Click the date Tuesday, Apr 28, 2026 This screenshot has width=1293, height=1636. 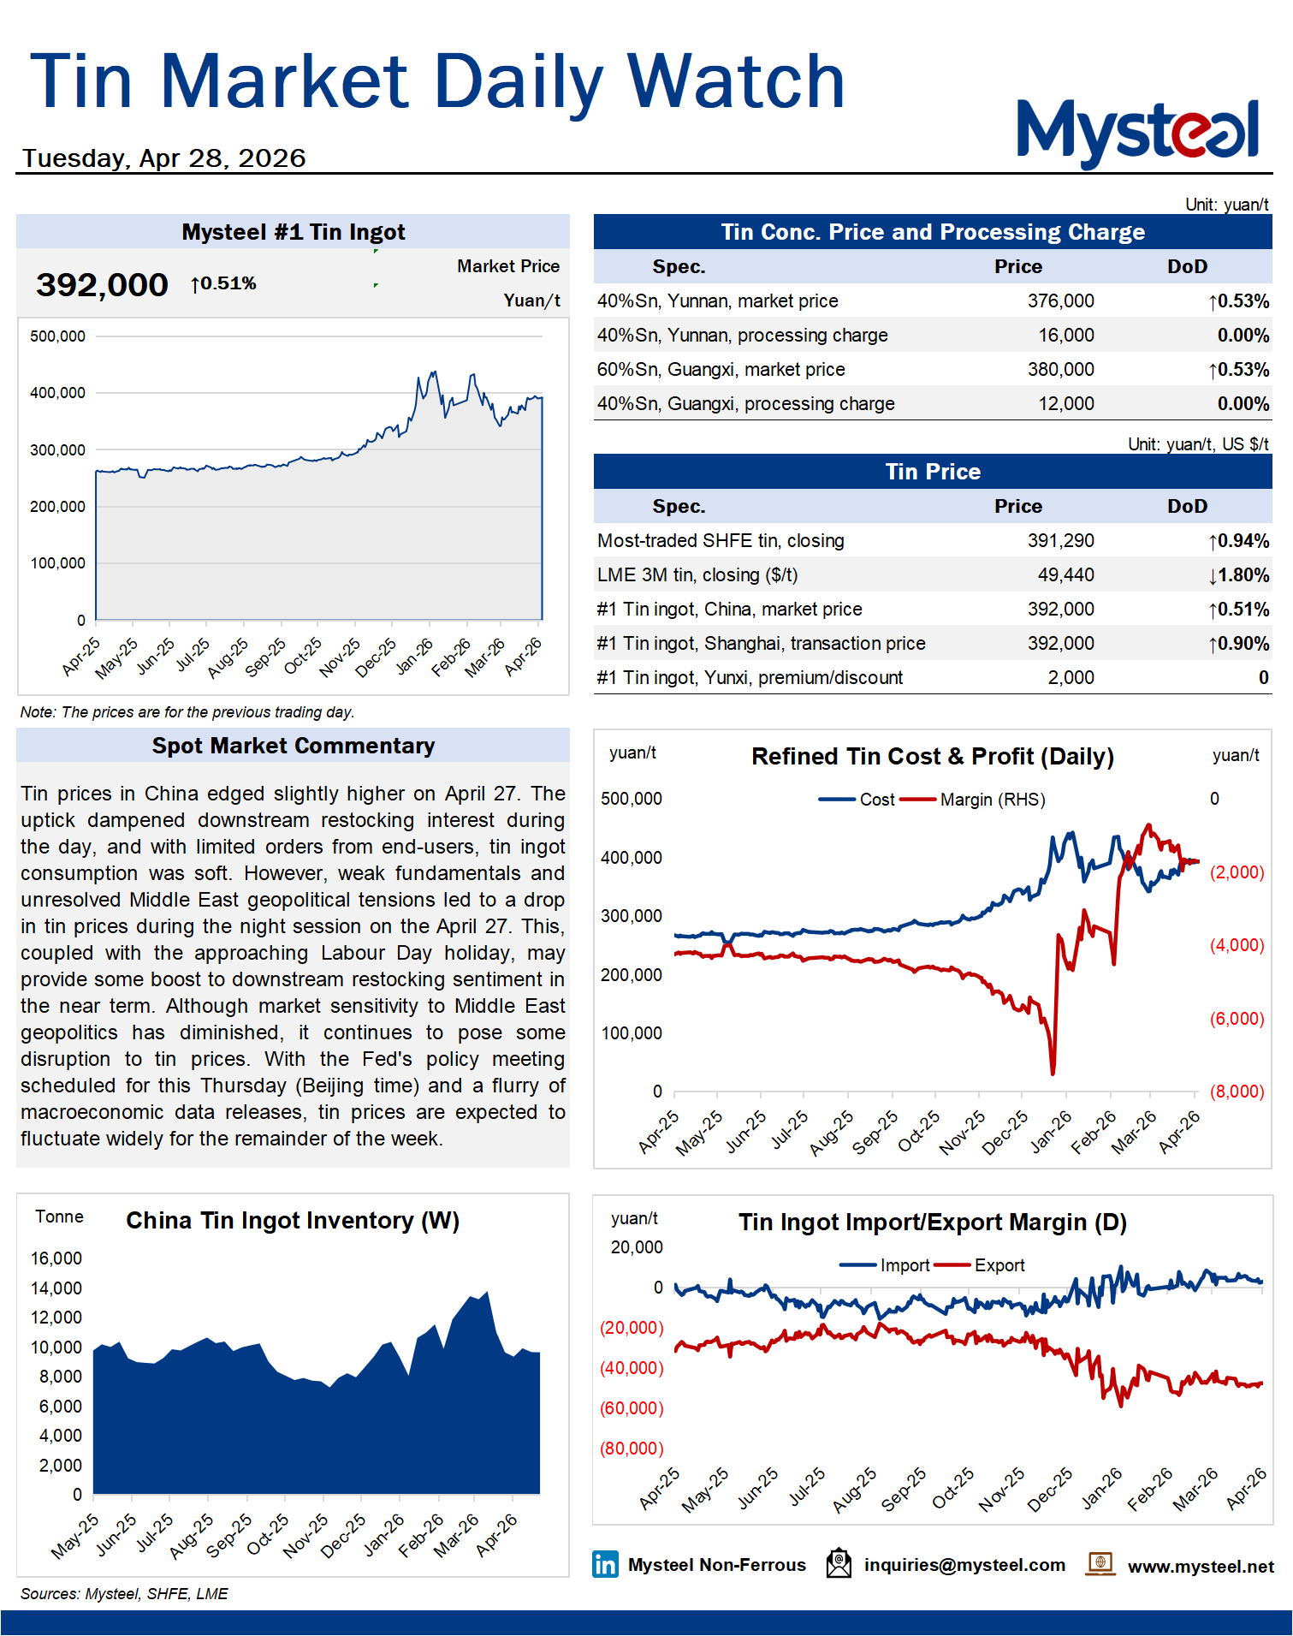point(163,158)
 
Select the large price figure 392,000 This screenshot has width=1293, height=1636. point(102,285)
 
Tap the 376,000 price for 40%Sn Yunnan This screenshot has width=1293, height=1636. point(1060,301)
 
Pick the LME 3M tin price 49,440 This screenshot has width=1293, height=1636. point(1065,575)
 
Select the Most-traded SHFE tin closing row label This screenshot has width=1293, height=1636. point(721,541)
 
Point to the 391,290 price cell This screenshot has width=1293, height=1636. point(1060,541)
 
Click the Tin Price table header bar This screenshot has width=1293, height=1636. point(932,472)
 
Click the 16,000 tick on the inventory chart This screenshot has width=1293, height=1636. point(56,1258)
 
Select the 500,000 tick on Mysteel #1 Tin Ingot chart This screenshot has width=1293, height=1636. point(57,336)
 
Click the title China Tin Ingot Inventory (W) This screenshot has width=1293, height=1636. point(293,1221)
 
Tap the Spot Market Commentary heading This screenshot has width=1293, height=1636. point(293,746)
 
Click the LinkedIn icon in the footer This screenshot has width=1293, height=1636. point(605,1565)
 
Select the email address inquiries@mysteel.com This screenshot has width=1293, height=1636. point(964,1565)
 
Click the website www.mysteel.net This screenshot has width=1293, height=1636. point(1200,1567)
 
